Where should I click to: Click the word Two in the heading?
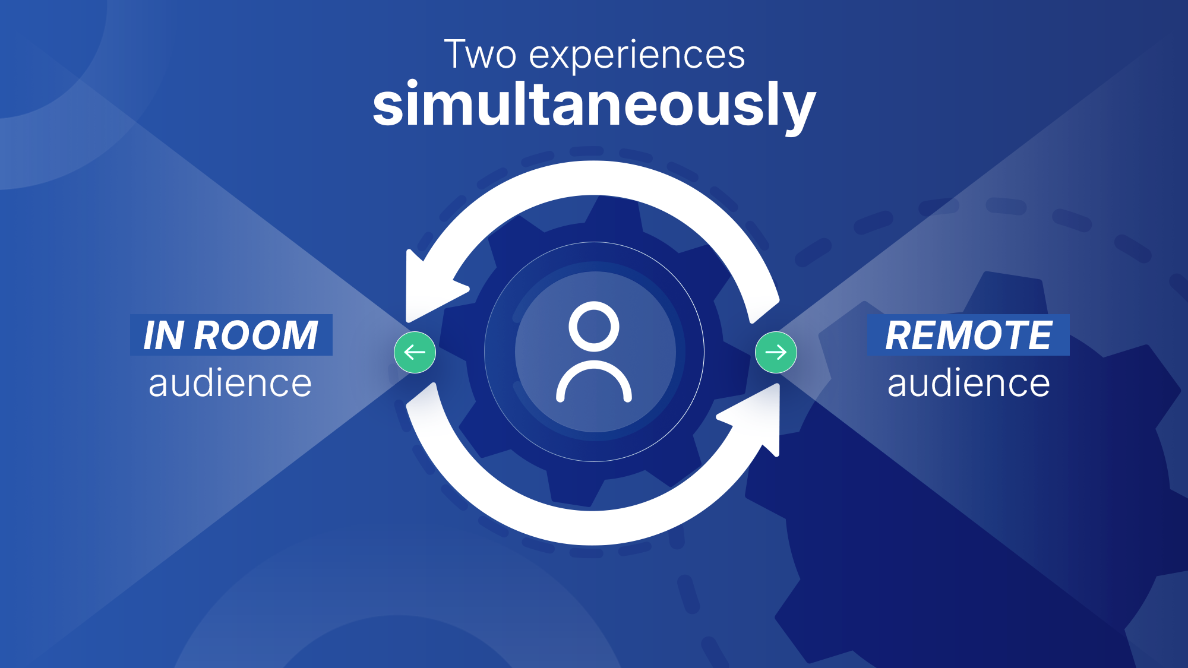point(480,55)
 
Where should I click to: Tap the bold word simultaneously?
point(594,106)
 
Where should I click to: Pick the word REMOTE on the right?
point(968,335)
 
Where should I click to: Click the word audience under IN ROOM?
point(230,383)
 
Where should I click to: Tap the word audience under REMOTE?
point(968,383)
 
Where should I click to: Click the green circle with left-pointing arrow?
point(415,352)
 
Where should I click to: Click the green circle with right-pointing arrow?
point(776,352)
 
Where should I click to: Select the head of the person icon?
point(593,326)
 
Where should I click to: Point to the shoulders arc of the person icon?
point(593,380)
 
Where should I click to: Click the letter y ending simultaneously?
point(799,110)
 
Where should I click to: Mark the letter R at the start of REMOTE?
point(898,335)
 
